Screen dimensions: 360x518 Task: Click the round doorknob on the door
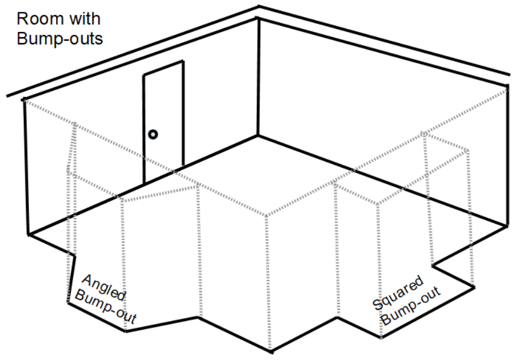(x=153, y=135)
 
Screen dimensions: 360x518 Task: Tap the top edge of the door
(x=163, y=68)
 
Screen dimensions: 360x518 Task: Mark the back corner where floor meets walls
(x=258, y=136)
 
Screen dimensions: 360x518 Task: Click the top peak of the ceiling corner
(x=259, y=7)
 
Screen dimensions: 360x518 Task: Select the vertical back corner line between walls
(x=258, y=77)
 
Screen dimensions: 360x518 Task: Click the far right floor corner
(x=506, y=225)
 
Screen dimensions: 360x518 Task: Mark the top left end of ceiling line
(x=7, y=96)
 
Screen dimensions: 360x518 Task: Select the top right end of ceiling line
(x=509, y=76)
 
